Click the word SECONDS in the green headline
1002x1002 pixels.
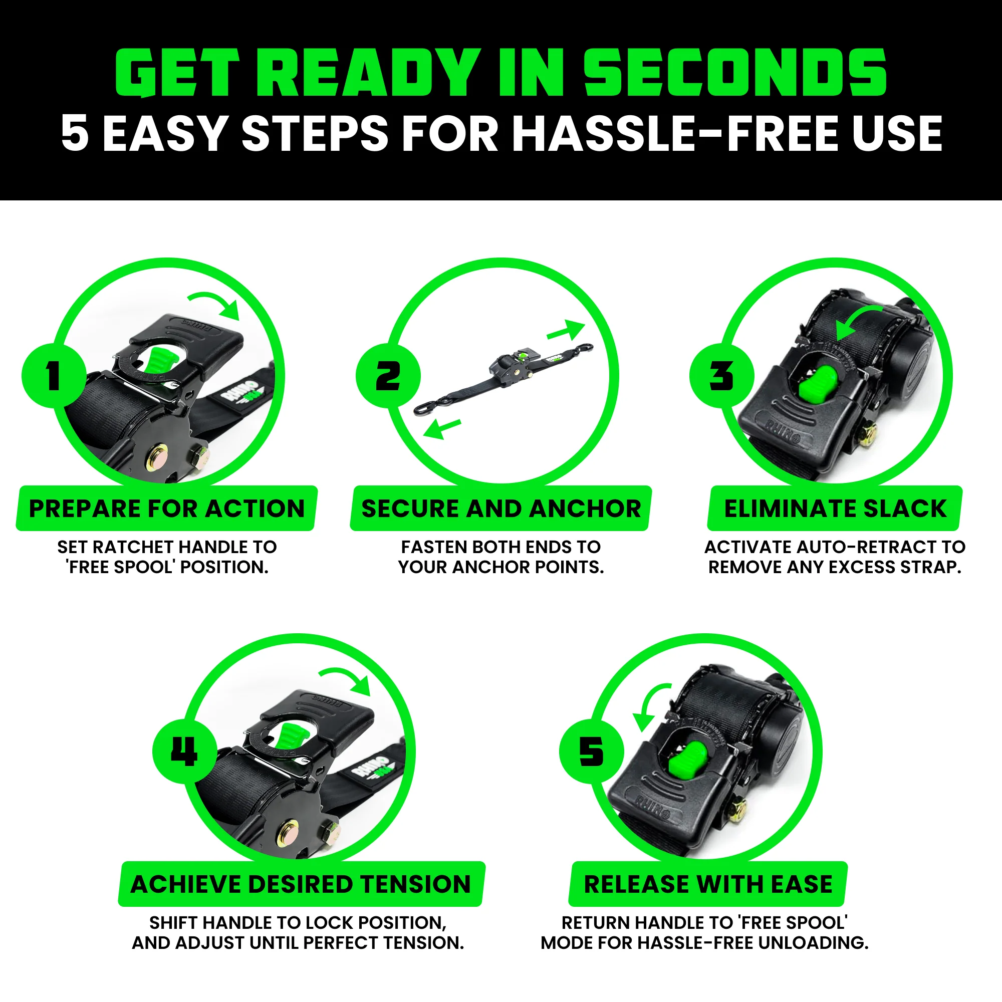(x=735, y=73)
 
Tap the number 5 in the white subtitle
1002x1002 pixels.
(x=75, y=134)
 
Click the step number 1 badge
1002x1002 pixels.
(x=54, y=375)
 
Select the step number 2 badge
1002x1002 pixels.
(x=387, y=375)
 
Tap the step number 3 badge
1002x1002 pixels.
(x=721, y=375)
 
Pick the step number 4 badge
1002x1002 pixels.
(x=184, y=751)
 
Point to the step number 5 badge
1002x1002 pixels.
(x=591, y=751)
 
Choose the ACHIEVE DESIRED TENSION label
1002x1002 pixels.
(x=301, y=884)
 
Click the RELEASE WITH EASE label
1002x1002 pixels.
(x=708, y=884)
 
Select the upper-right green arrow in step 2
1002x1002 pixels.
(x=566, y=330)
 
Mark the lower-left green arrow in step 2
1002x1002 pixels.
(x=441, y=428)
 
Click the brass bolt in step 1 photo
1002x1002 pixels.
(x=157, y=457)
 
